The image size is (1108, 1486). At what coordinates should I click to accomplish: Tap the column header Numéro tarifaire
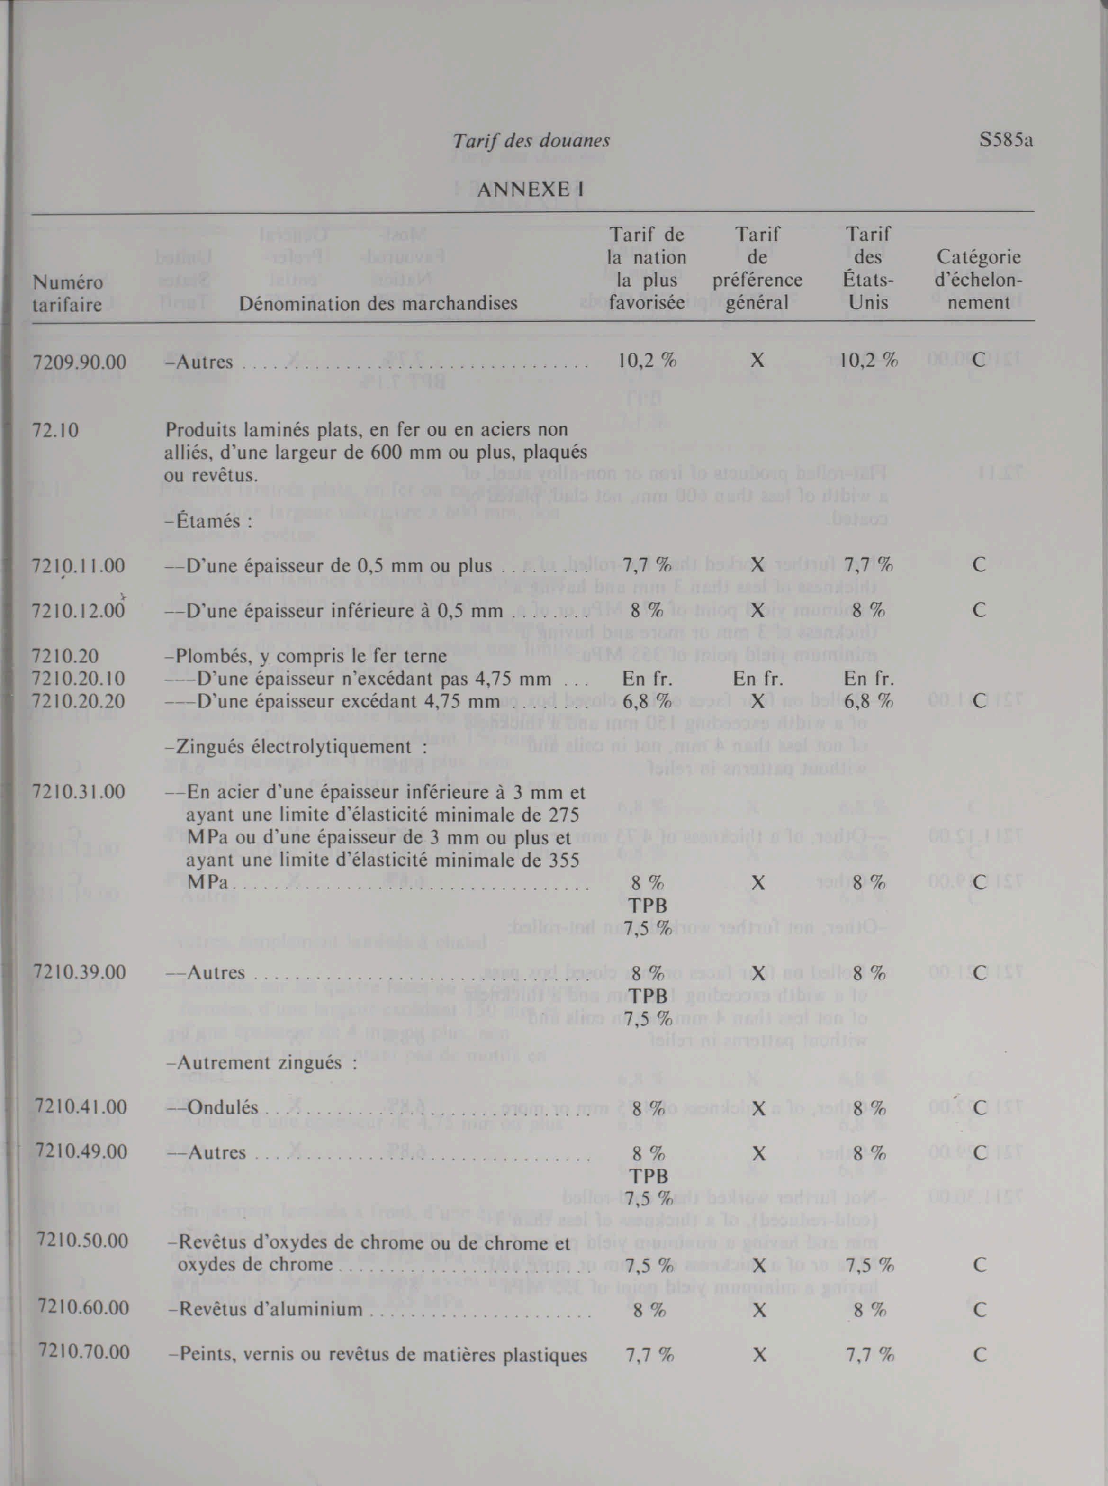click(x=67, y=293)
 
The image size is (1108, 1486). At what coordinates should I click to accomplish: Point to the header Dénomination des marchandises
click(x=378, y=303)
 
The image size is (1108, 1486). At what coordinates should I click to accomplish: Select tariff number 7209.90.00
click(x=79, y=362)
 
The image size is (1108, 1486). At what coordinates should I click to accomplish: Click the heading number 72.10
click(x=55, y=430)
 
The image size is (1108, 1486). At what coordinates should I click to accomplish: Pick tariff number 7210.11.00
click(x=79, y=566)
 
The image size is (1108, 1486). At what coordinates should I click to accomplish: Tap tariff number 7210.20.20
click(x=79, y=701)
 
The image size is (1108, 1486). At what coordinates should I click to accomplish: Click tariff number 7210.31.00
click(x=79, y=792)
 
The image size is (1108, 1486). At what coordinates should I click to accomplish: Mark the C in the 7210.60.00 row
click(x=979, y=1310)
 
